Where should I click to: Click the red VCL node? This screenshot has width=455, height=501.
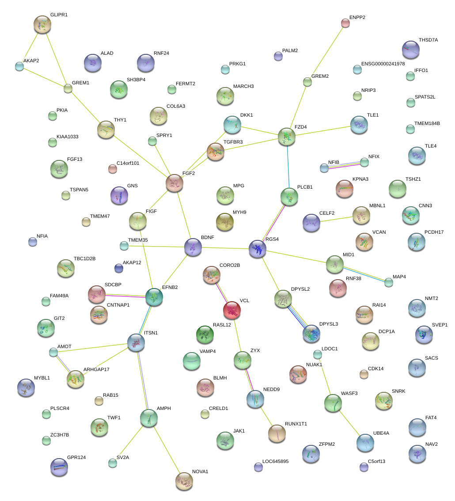tap(232, 310)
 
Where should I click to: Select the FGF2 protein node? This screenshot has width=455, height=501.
tap(174, 183)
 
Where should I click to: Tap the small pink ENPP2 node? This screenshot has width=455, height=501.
tap(345, 23)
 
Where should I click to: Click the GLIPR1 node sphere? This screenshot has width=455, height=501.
tap(42, 25)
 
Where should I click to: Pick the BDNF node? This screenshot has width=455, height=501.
tap(193, 247)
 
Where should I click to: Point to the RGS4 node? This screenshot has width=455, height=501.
tap(258, 249)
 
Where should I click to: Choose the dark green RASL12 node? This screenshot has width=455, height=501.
tap(205, 334)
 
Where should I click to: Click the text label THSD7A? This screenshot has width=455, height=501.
tap(428, 40)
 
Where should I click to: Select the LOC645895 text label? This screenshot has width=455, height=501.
tap(275, 462)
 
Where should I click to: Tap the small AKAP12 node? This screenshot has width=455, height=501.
tap(118, 268)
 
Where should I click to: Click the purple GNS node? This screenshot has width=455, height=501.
tap(119, 195)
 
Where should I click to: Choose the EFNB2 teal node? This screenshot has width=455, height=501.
tap(154, 297)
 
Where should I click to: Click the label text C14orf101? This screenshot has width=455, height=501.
tap(128, 163)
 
